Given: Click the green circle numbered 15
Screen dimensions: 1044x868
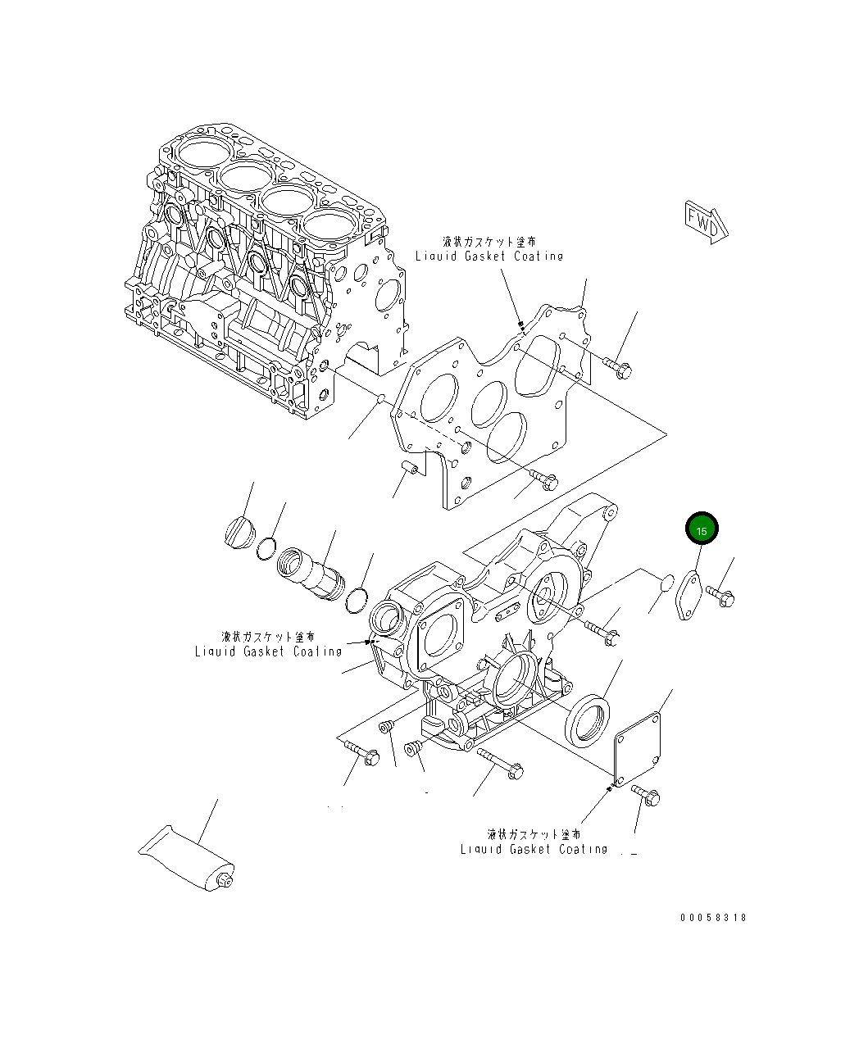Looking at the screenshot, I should (x=702, y=529).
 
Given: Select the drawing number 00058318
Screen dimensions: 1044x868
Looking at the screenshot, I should (x=712, y=918).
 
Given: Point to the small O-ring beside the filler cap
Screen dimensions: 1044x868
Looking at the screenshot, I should (x=266, y=547).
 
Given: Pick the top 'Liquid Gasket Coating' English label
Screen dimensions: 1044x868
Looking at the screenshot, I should (x=489, y=256).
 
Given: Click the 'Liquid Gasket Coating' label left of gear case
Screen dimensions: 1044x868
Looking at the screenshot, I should (x=268, y=651).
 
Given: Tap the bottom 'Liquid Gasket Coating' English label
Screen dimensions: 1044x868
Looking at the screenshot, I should (x=534, y=850).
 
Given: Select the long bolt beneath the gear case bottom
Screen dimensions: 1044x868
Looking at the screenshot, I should (x=500, y=762).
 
